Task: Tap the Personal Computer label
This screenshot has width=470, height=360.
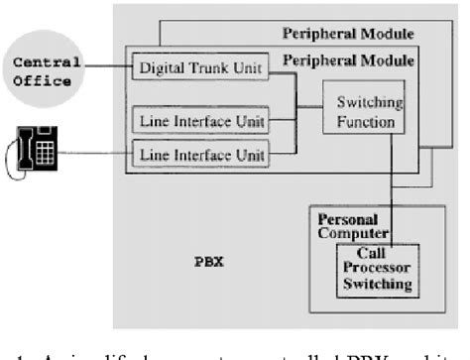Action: click(347, 225)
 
